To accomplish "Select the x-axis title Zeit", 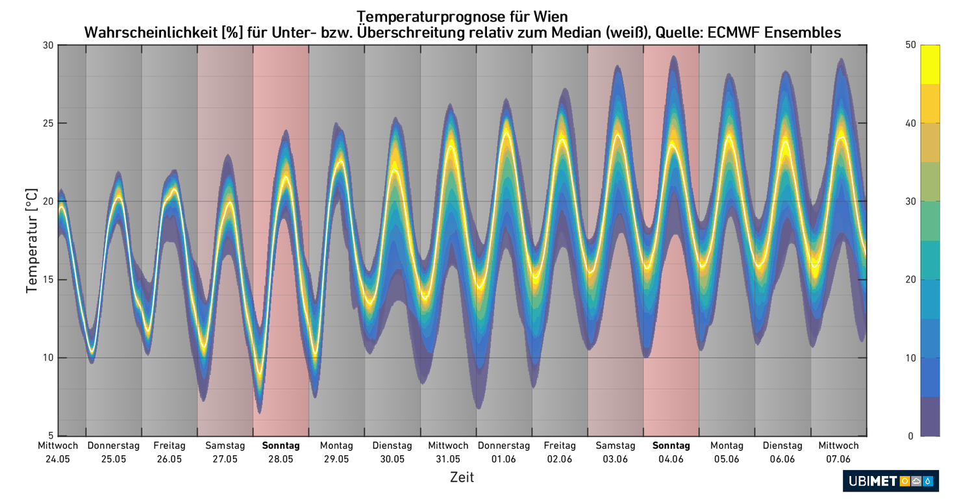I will pyautogui.click(x=462, y=477).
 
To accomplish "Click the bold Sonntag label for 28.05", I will pyautogui.click(x=281, y=445).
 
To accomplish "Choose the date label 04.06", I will pyautogui.click(x=671, y=459).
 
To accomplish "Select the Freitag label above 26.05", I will pyautogui.click(x=169, y=445).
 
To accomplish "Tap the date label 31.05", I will pyautogui.click(x=448, y=459).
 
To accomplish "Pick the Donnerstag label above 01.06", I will pyautogui.click(x=504, y=445).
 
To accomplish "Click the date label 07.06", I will pyautogui.click(x=838, y=459).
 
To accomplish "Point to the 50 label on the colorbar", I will pyautogui.click(x=909, y=45).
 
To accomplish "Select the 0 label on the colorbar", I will pyautogui.click(x=912, y=436).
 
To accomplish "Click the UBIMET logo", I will pyautogui.click(x=890, y=481).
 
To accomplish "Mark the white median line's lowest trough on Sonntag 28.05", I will pyautogui.click(x=260, y=373).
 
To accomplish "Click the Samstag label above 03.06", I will pyautogui.click(x=615, y=445).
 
